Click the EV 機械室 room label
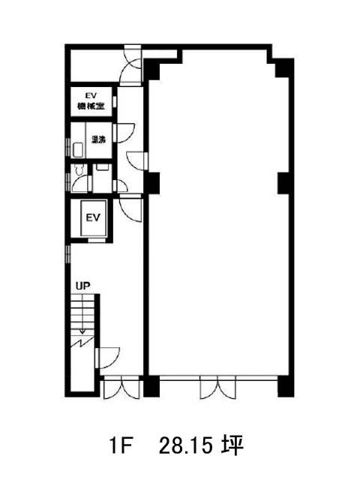[x=91, y=101]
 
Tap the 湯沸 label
[x=99, y=139]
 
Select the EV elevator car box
[x=93, y=218]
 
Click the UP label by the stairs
[x=83, y=286]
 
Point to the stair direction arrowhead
[x=82, y=331]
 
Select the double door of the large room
[x=218, y=389]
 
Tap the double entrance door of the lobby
[x=121, y=389]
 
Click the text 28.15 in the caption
[x=186, y=445]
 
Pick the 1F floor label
[x=120, y=445]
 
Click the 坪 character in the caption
[x=233, y=445]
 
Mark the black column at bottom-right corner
[x=286, y=386]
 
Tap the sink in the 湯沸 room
[x=78, y=150]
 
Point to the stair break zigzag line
[x=82, y=342]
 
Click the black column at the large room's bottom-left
[x=151, y=386]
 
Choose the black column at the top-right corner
[x=285, y=68]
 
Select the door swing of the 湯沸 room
[x=125, y=133]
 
